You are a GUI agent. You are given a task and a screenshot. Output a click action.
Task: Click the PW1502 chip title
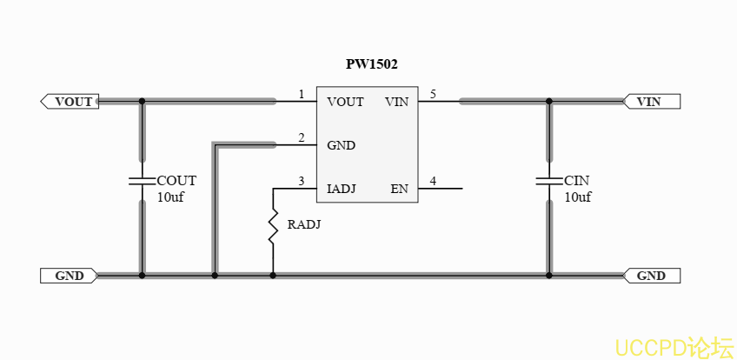click(372, 64)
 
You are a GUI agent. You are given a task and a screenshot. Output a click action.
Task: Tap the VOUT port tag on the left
click(70, 102)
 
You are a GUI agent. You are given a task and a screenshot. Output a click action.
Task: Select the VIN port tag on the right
click(651, 102)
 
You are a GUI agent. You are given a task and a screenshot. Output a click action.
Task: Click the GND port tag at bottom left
click(69, 276)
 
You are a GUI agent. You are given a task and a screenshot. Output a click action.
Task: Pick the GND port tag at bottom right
click(651, 276)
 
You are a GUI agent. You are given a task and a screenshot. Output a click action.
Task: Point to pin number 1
click(302, 94)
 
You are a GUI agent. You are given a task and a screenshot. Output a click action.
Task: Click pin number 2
click(302, 137)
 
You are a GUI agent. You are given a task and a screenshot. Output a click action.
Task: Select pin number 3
click(302, 181)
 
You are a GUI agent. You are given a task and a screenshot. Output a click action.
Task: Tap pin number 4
click(433, 181)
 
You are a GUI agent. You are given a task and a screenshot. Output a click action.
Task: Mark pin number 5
click(433, 94)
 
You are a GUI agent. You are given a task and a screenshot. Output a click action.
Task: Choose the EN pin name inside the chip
click(399, 189)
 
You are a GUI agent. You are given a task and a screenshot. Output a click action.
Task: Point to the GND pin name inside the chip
click(342, 145)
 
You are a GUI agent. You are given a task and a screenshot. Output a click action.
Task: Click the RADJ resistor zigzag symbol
click(273, 225)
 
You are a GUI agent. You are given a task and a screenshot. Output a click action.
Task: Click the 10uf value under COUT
click(170, 197)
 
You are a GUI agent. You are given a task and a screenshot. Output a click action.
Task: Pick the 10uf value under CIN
click(578, 197)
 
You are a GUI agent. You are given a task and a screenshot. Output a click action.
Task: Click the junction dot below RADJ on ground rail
click(273, 276)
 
